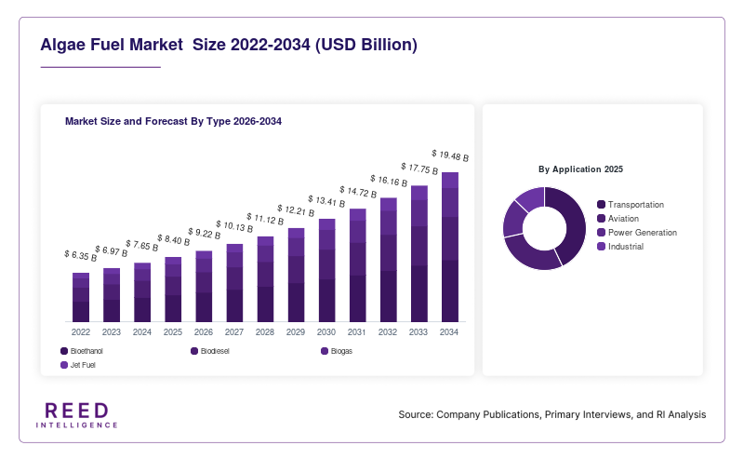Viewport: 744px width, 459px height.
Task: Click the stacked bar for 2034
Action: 450,247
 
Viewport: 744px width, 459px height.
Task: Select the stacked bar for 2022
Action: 81,297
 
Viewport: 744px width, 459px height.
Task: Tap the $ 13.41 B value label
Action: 326,201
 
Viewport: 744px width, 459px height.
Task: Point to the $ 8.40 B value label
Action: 174,240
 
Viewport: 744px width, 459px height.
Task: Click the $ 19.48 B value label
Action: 450,155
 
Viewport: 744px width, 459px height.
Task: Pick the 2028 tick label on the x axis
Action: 265,332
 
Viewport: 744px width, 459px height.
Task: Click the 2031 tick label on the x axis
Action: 357,332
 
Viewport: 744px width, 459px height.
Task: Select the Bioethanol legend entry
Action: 82,351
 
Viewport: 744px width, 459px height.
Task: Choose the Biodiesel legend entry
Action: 210,351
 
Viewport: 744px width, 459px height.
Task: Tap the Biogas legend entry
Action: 337,351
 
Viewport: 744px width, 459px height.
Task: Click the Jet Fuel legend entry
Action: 78,365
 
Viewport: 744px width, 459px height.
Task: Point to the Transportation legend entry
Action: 631,205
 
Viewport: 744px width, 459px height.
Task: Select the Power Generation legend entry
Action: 637,233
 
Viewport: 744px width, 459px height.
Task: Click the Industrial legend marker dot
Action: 601,246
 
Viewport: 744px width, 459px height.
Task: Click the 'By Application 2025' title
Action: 580,169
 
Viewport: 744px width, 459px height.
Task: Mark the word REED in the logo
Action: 77,411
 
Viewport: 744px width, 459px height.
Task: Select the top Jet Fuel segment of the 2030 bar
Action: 327,224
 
